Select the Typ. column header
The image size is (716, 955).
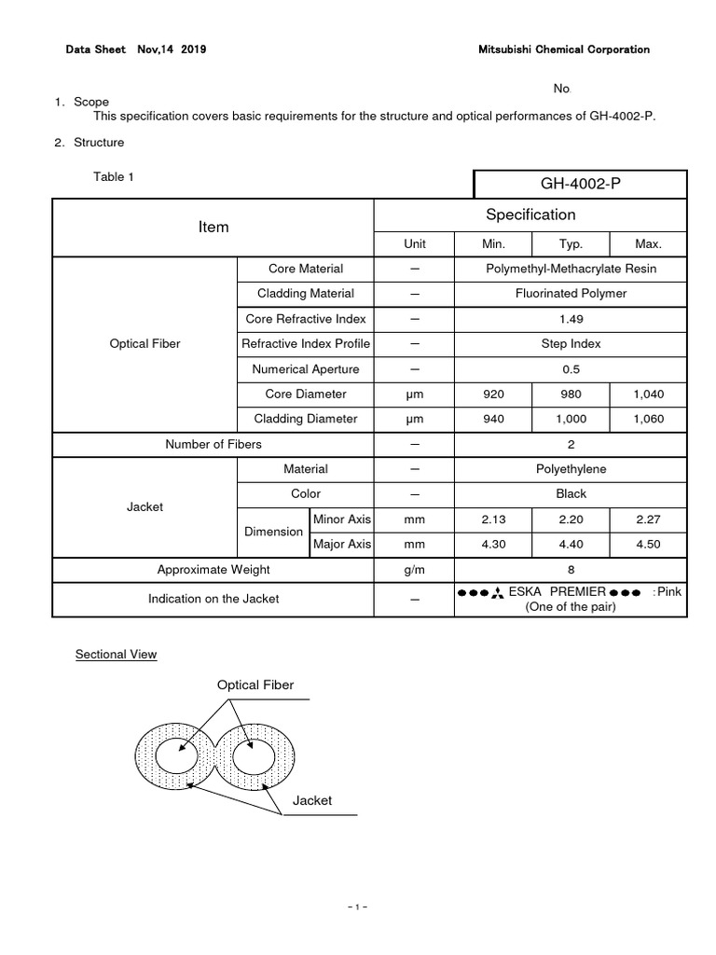(570, 243)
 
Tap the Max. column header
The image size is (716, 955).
(648, 243)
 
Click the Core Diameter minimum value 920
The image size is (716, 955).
(493, 394)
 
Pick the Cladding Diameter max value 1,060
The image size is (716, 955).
(648, 419)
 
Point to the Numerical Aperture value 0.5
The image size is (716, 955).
(571, 369)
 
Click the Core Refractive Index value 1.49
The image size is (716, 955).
(571, 319)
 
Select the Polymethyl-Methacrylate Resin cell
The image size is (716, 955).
(571, 269)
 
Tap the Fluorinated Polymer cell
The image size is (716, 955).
(571, 294)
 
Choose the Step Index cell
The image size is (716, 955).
(571, 344)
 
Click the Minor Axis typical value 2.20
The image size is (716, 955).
(570, 519)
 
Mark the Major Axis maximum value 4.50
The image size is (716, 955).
(648, 544)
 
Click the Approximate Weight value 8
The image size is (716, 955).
(571, 569)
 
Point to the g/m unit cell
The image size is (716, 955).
(414, 569)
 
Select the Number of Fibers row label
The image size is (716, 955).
(213, 444)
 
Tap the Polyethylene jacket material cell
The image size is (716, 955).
(571, 469)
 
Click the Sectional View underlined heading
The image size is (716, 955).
(117, 655)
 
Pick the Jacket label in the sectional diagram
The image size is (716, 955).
(312, 800)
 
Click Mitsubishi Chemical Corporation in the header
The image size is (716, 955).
(563, 49)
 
